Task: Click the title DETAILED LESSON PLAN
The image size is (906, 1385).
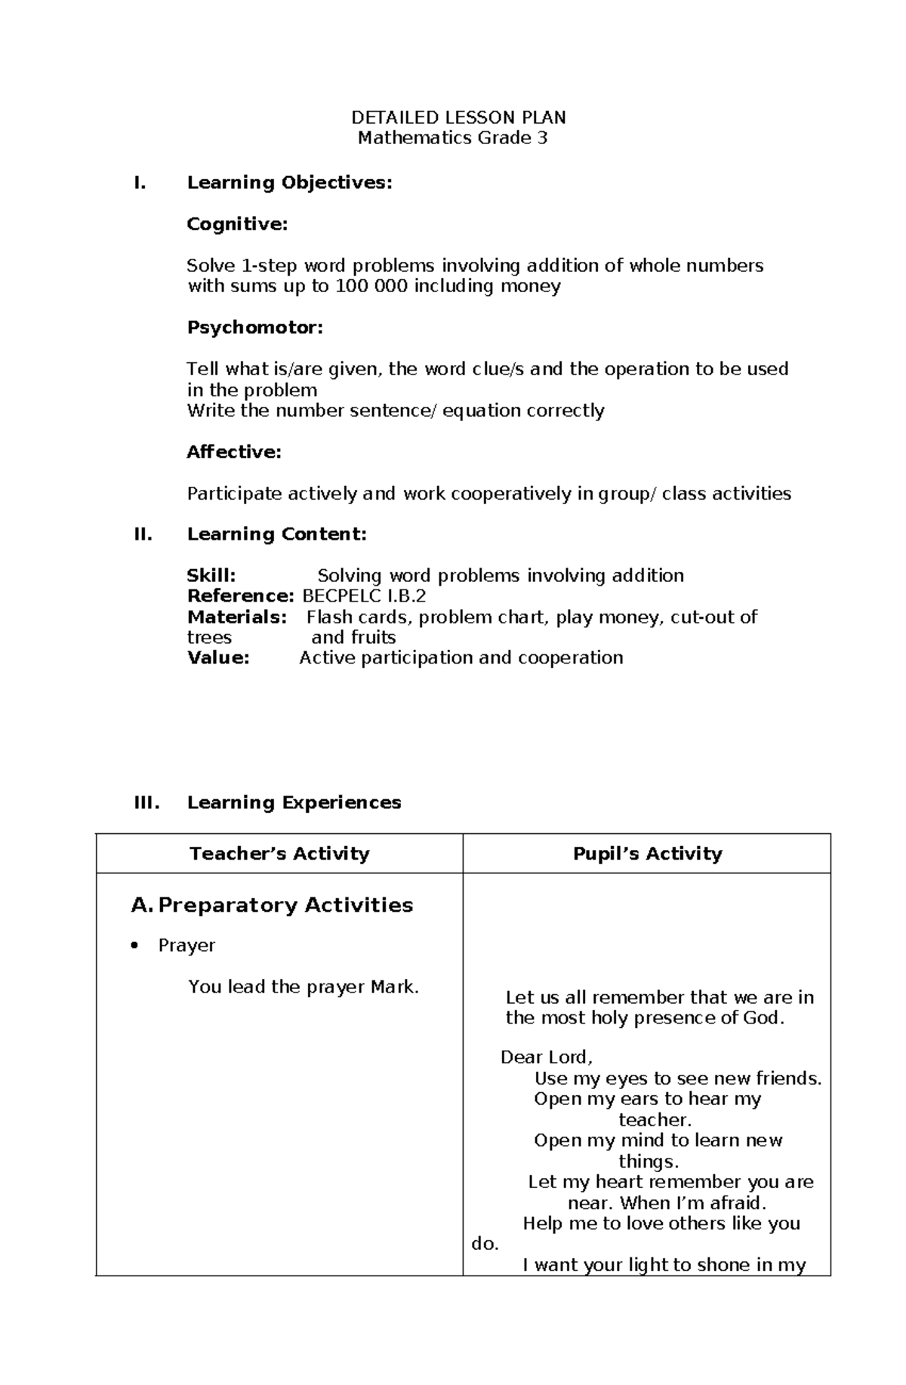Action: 458,118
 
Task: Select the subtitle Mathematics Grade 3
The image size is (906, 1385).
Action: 452,138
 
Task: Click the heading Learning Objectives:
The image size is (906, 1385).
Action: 289,183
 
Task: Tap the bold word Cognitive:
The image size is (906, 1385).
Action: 237,224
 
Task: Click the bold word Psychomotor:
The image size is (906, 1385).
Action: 254,328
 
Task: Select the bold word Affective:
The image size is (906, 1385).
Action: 234,452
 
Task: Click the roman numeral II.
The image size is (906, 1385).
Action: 143,534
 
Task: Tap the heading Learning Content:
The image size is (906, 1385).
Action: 276,534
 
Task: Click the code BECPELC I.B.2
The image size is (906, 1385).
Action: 364,596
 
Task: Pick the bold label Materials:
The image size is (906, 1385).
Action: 237,617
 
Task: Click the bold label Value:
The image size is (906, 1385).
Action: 218,658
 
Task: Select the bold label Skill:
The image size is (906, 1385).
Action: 211,576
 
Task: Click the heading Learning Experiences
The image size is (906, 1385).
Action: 294,802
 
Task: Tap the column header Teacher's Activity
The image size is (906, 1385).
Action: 279,854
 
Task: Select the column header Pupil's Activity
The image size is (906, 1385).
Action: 647,854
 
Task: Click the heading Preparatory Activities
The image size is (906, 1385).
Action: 285,905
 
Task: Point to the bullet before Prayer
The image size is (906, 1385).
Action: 135,946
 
